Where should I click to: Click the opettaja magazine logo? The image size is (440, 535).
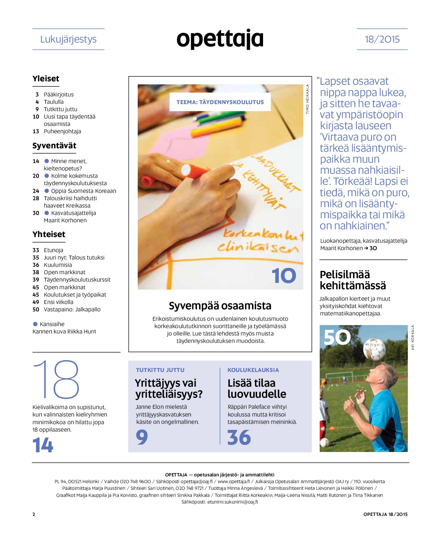point(220,39)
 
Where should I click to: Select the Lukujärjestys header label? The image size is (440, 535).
point(68,39)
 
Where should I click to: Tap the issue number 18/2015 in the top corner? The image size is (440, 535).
point(382,39)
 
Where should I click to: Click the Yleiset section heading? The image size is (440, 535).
point(46,79)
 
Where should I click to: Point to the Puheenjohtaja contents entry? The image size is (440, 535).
point(62,131)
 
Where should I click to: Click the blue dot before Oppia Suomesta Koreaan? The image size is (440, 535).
point(47,191)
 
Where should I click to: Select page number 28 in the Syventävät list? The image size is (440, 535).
point(36,198)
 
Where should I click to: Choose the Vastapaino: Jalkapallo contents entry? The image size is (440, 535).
point(72,309)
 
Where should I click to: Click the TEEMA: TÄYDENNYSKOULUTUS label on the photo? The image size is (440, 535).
point(220,102)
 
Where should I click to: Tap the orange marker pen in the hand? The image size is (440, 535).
point(188,170)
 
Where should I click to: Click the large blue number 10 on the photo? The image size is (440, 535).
point(284,276)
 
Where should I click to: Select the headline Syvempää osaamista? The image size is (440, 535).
point(220,306)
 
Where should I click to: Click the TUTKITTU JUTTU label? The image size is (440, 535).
point(160,370)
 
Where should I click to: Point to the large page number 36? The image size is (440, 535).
point(239,437)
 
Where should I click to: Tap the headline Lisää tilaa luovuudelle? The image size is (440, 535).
point(257,388)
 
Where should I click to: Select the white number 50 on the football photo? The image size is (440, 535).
point(337,337)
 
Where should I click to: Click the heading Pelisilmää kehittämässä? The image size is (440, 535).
point(353,280)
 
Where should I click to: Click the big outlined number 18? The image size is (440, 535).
point(56,379)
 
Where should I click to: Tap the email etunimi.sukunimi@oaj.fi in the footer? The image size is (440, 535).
point(233,502)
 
